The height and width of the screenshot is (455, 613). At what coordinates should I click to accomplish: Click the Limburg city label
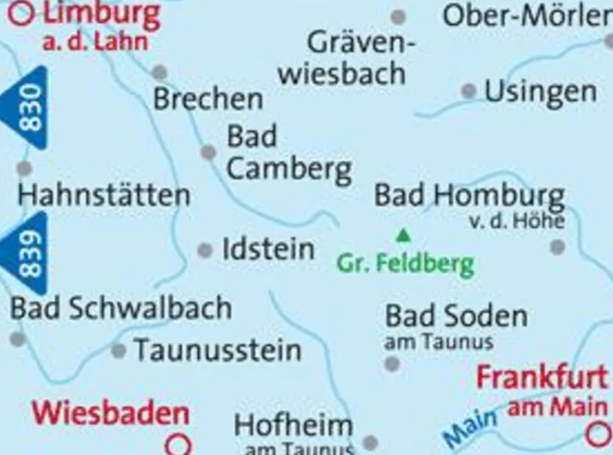click(101, 15)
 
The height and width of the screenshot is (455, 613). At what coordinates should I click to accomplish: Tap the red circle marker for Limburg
click(21, 13)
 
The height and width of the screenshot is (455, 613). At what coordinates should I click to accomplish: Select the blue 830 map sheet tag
click(28, 107)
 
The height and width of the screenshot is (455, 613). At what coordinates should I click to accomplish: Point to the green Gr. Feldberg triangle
click(403, 235)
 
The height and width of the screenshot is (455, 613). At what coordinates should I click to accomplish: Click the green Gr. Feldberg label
click(405, 264)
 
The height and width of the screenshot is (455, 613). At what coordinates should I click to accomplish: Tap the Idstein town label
click(268, 250)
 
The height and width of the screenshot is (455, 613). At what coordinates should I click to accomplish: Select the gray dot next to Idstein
click(205, 250)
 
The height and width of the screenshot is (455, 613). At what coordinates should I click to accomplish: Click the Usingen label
click(541, 93)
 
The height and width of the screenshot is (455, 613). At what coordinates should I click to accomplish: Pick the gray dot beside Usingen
click(469, 91)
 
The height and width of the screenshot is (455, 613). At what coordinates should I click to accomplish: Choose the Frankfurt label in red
click(542, 377)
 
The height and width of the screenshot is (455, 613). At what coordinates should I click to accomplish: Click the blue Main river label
click(471, 428)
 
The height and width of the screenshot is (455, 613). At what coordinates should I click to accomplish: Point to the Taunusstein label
click(218, 351)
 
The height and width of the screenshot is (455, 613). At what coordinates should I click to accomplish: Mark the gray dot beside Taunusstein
click(118, 351)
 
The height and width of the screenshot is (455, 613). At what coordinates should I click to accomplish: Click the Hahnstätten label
click(104, 196)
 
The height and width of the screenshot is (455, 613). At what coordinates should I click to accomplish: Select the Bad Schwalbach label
click(121, 308)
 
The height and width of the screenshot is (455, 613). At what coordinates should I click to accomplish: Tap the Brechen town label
click(208, 99)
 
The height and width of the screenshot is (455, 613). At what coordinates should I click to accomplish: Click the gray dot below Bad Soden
click(392, 364)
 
